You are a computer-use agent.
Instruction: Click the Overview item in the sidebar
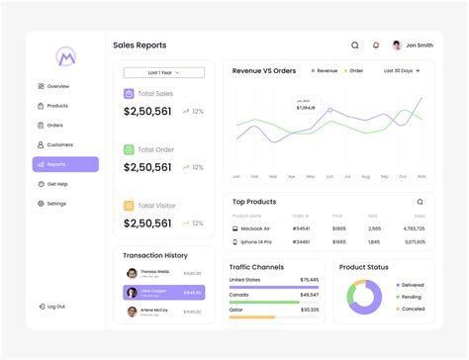[57, 86]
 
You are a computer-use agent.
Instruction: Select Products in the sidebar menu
[57, 106]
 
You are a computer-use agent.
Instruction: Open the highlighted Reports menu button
[65, 164]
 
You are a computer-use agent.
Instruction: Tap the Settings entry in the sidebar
[56, 204]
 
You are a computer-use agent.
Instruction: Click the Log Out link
[55, 307]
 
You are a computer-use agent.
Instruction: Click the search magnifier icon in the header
[355, 45]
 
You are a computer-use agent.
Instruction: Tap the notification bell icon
[376, 45]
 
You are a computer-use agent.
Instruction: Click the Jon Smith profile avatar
[397, 45]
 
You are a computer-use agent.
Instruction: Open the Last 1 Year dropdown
[163, 72]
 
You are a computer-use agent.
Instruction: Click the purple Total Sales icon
[130, 94]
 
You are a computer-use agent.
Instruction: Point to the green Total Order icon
[130, 149]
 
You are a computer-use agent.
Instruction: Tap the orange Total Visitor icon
[130, 206]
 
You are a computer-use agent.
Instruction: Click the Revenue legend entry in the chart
[325, 71]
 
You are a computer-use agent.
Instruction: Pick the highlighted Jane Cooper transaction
[163, 293]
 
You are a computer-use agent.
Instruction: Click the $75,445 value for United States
[309, 280]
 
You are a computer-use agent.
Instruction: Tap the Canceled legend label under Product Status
[412, 308]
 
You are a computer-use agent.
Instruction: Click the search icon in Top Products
[420, 202]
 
